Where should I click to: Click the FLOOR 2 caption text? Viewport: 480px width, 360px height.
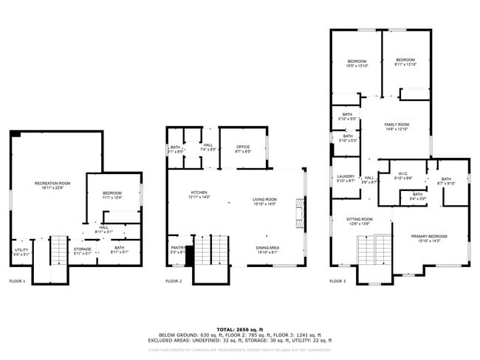174,281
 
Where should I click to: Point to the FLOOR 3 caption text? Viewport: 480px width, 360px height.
337,281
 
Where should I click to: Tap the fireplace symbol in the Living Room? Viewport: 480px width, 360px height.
298,214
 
